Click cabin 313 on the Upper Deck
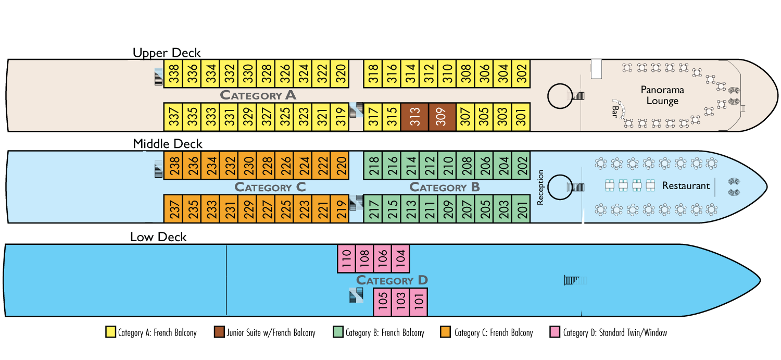click(x=414, y=117)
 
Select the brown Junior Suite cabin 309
click(x=442, y=117)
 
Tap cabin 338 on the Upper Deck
click(x=173, y=73)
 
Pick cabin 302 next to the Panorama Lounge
click(x=521, y=73)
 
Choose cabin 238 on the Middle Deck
click(x=173, y=165)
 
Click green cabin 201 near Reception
click(x=521, y=208)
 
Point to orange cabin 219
click(x=340, y=208)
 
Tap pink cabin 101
click(x=419, y=302)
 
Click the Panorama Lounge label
click(x=662, y=95)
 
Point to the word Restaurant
click(x=686, y=185)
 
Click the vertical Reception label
click(x=540, y=188)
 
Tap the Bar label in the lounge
click(x=615, y=112)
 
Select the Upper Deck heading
click(x=167, y=53)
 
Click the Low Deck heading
click(x=158, y=237)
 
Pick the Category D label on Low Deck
click(x=392, y=280)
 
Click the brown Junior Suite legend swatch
click(x=219, y=332)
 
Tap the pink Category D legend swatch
click(x=555, y=332)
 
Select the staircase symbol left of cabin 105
click(x=356, y=295)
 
